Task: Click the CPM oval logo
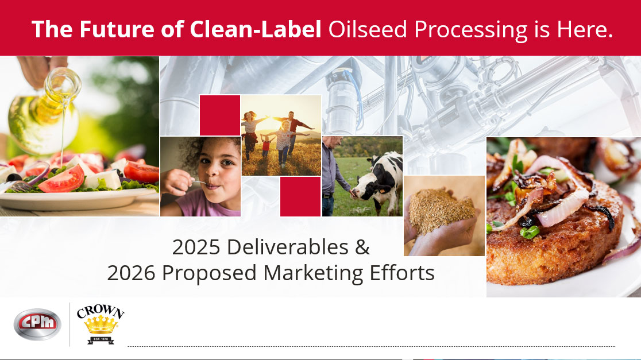pyautogui.click(x=37, y=324)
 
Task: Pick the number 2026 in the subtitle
pyautogui.click(x=131, y=273)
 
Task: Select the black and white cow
pyautogui.click(x=376, y=184)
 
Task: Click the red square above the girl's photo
pyautogui.click(x=219, y=115)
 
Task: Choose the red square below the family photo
pyautogui.click(x=300, y=196)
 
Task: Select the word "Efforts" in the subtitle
pyautogui.click(x=402, y=273)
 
